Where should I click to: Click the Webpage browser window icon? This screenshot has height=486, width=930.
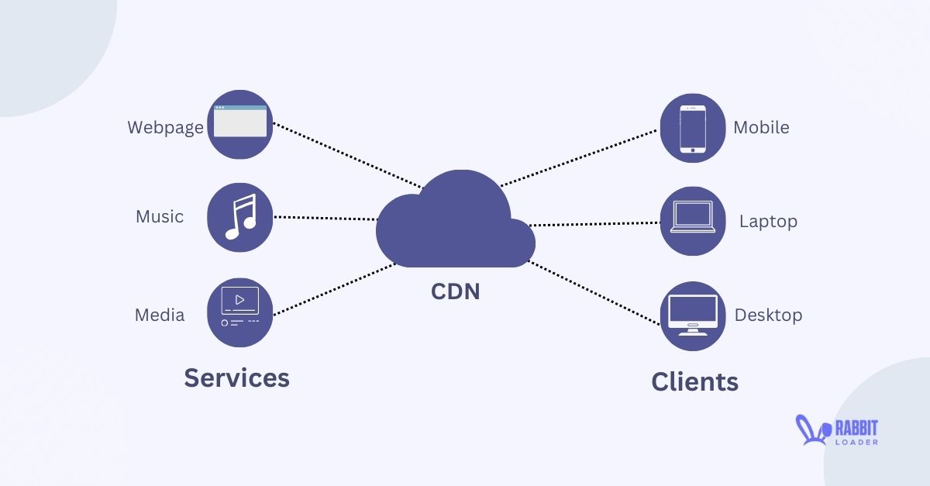pyautogui.click(x=240, y=124)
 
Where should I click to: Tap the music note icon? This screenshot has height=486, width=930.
pyautogui.click(x=240, y=217)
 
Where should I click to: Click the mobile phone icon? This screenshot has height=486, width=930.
pyautogui.click(x=692, y=128)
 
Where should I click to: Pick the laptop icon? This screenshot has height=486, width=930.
pyautogui.click(x=692, y=221)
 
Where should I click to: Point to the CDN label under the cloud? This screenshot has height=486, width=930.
pyautogui.click(x=455, y=291)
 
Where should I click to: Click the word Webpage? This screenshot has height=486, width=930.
pyautogui.click(x=165, y=127)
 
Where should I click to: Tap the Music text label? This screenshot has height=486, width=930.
pyautogui.click(x=160, y=216)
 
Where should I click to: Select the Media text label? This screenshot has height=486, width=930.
pyautogui.click(x=160, y=315)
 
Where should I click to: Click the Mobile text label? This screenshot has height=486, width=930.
pyautogui.click(x=761, y=127)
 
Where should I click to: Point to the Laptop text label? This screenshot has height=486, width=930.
pyautogui.click(x=767, y=221)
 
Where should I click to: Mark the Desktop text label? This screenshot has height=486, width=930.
pyautogui.click(x=768, y=315)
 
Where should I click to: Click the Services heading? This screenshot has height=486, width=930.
pyautogui.click(x=236, y=377)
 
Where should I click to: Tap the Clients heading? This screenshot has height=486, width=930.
pyautogui.click(x=694, y=381)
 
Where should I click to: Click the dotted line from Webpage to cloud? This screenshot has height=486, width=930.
pyautogui.click(x=349, y=155)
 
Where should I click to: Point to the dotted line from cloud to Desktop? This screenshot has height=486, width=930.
pyautogui.click(x=593, y=292)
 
